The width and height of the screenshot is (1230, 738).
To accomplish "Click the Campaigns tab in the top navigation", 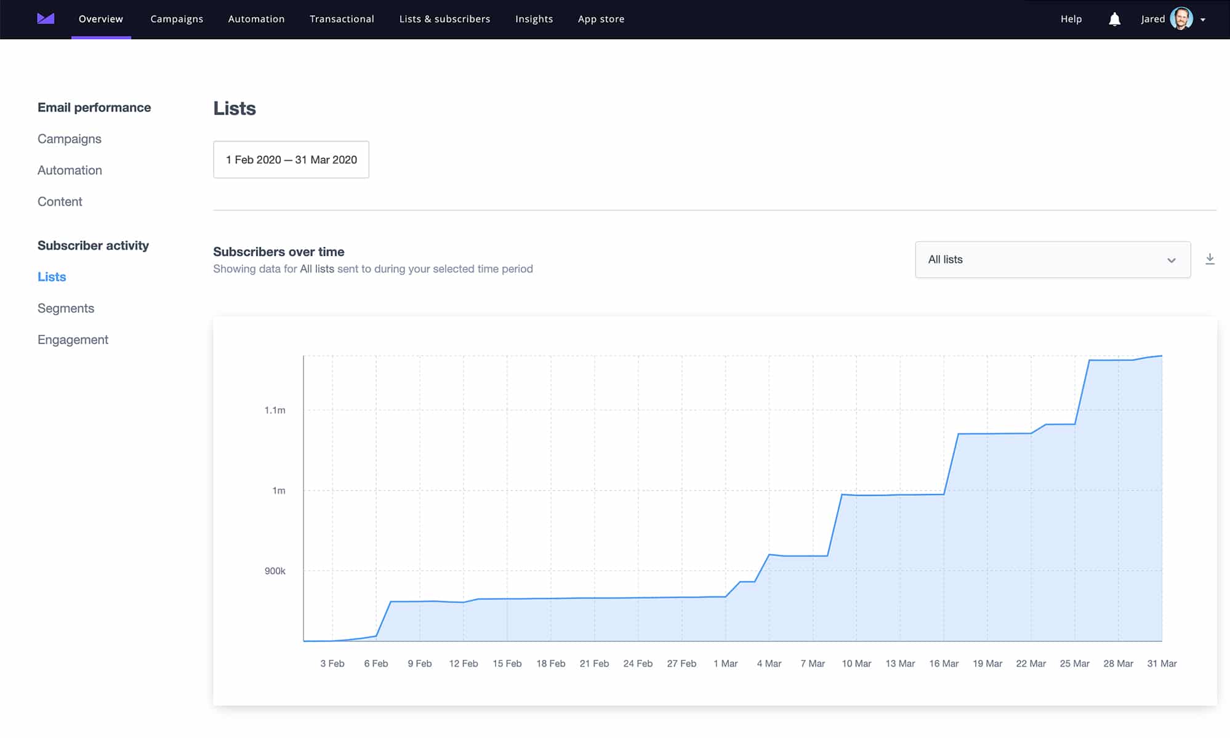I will [x=177, y=19].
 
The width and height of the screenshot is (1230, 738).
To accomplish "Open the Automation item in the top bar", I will [x=256, y=19].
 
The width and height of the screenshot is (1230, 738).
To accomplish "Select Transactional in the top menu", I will [x=342, y=19].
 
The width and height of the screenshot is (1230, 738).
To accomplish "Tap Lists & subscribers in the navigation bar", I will [x=444, y=19].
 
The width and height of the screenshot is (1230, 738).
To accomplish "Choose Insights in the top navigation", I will [x=534, y=19].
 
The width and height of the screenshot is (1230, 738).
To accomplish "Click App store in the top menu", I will [x=601, y=19].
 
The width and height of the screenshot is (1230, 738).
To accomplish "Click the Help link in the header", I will [x=1071, y=19].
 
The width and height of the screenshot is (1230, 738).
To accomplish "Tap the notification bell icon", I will [x=1114, y=20].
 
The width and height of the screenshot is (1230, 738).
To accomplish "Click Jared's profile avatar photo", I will [x=1181, y=19].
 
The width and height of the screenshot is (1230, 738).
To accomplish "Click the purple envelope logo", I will [x=46, y=19].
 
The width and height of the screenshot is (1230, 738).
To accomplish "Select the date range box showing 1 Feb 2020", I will [x=291, y=160].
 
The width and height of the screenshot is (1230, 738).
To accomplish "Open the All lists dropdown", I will [x=1052, y=260].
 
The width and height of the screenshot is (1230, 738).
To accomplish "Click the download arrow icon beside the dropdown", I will [x=1210, y=259].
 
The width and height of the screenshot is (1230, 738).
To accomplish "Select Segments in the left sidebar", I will [x=66, y=308].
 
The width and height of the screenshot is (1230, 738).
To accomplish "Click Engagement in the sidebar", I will [x=73, y=340].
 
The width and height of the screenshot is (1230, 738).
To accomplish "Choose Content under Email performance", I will [x=60, y=202].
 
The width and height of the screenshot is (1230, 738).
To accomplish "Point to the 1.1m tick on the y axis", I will [x=275, y=411].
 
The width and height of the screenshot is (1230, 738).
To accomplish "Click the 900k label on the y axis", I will [x=275, y=571].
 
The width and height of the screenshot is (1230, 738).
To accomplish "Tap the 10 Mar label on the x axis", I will [x=856, y=664].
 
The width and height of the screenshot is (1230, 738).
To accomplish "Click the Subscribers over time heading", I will [x=278, y=252].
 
